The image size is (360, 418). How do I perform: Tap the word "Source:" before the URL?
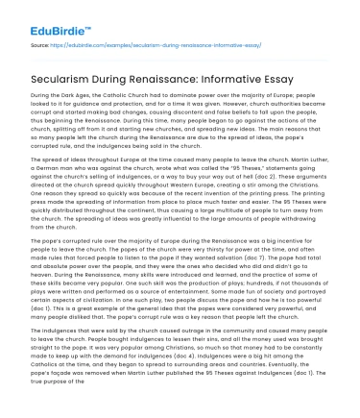pos(41,43)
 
